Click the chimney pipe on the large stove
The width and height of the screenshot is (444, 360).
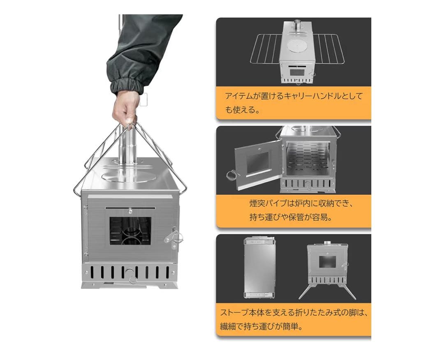(x=127, y=150)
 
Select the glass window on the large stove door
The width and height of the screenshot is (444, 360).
(x=130, y=231)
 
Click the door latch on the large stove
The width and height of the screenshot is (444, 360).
(x=174, y=238)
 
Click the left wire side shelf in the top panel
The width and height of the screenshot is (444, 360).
(x=264, y=48)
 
